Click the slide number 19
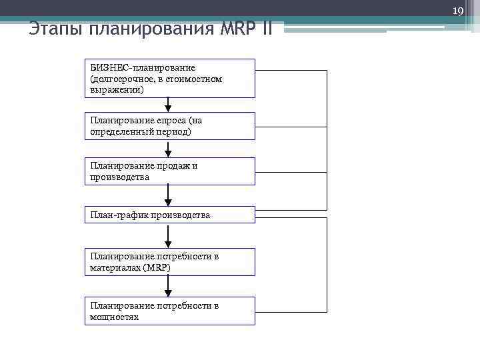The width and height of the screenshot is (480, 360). coord(457,11)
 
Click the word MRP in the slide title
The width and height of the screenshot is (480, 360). coord(238,29)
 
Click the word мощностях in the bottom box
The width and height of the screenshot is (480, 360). coord(114,317)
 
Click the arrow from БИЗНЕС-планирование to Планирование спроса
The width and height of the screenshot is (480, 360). coord(168,105)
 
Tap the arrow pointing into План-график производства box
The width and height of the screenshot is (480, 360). coord(168,195)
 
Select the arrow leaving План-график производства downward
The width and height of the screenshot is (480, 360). coord(168,235)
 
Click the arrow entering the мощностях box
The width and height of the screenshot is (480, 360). coord(168,285)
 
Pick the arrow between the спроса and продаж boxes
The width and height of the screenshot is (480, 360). coord(168,149)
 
